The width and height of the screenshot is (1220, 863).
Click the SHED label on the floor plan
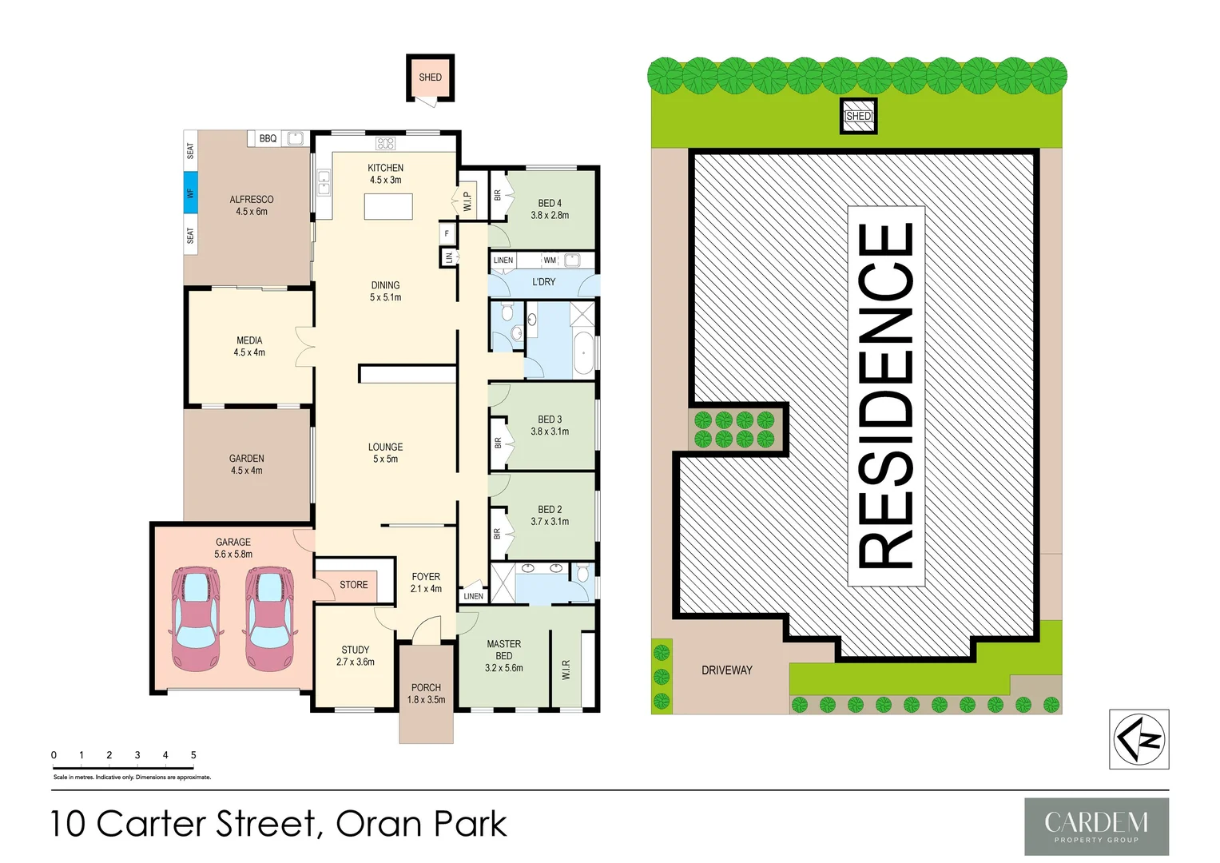tap(430, 78)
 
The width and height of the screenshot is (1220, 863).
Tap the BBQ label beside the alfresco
tap(268, 139)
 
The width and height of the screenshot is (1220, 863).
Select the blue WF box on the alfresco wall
tap(190, 193)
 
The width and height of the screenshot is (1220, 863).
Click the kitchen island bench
tap(388, 206)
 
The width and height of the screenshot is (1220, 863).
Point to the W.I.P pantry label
tap(467, 201)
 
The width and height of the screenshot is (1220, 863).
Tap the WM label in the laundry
tap(550, 260)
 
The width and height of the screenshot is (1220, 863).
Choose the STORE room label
tap(354, 585)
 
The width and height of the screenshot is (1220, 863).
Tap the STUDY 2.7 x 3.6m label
tap(356, 656)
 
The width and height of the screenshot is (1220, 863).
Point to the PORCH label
tap(426, 688)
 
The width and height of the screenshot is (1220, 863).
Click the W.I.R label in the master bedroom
tap(566, 670)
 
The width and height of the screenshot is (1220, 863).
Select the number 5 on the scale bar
tap(193, 755)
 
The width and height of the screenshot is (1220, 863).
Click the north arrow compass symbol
tap(1139, 739)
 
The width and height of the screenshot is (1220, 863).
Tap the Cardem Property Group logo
tap(1096, 826)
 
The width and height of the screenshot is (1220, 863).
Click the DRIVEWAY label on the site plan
tap(727, 670)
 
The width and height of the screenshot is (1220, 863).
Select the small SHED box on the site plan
tap(859, 117)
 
